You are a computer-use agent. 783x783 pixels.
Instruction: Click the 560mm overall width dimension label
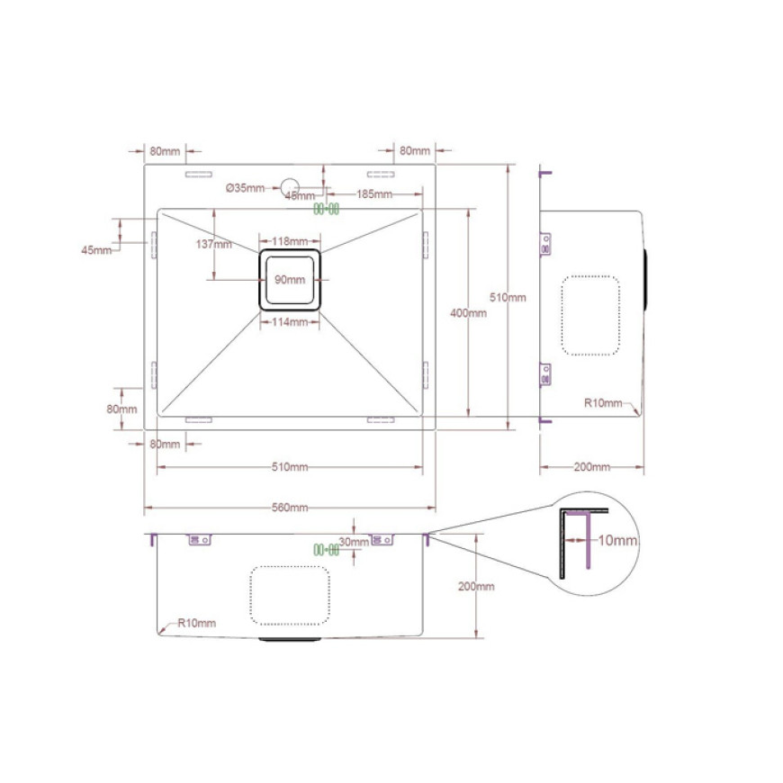[290, 508]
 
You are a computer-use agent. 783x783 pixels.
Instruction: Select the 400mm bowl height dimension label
[468, 313]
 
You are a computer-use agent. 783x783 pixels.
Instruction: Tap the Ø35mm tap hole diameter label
[245, 188]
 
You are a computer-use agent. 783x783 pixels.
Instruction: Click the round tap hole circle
[290, 187]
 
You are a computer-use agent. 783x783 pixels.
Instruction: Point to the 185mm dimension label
[374, 194]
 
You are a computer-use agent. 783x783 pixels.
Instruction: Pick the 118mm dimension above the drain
[290, 242]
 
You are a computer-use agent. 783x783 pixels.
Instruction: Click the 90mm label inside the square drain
[290, 280]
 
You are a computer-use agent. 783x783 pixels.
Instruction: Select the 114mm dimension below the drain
[290, 322]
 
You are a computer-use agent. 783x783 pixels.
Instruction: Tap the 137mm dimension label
[213, 244]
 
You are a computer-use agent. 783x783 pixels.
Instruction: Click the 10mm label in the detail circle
[617, 540]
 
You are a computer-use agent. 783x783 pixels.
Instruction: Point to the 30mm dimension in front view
[354, 542]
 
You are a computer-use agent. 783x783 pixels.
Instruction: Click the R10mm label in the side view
[603, 403]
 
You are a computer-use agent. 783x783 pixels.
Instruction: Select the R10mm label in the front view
[197, 623]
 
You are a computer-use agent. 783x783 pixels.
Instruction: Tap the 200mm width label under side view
[591, 467]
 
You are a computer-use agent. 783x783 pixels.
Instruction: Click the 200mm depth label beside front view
[476, 586]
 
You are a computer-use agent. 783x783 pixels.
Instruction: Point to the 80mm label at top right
[415, 151]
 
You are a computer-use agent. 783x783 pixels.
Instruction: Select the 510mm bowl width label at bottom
[290, 467]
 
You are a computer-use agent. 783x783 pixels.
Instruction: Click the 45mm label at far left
[96, 250]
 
